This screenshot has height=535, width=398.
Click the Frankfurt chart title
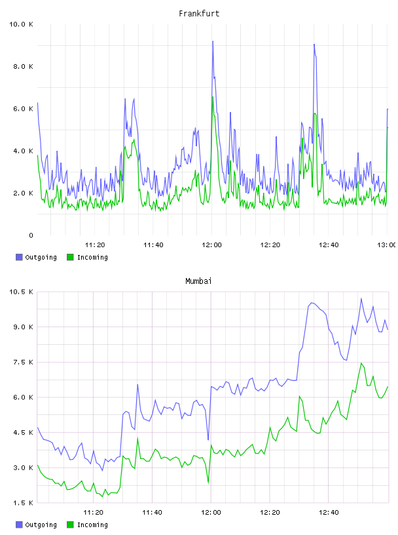pyautogui.click(x=199, y=14)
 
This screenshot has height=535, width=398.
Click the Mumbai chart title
pyautogui.click(x=198, y=281)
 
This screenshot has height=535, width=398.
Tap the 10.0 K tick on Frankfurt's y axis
pyautogui.click(x=21, y=24)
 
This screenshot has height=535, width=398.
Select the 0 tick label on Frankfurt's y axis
pyautogui.click(x=31, y=235)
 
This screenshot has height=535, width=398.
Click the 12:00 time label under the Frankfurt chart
pyautogui.click(x=211, y=245)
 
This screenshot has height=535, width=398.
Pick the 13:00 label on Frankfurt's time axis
pyautogui.click(x=387, y=245)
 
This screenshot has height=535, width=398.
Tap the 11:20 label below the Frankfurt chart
pyautogui.click(x=95, y=245)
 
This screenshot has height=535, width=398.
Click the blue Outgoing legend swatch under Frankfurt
pyautogui.click(x=19, y=257)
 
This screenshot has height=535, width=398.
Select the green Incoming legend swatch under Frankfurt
pyautogui.click(x=70, y=257)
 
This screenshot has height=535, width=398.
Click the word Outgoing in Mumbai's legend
pyautogui.click(x=41, y=525)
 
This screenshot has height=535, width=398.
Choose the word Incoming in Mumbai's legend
pyautogui.click(x=92, y=525)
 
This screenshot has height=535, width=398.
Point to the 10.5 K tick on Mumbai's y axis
pyautogui.click(x=21, y=292)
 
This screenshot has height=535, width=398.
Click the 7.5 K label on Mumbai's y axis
pyautogui.click(x=23, y=363)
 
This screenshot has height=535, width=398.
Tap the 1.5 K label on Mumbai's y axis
pyautogui.click(x=23, y=503)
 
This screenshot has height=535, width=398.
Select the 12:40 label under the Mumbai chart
pyautogui.click(x=329, y=513)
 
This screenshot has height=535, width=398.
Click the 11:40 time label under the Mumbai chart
pyautogui.click(x=152, y=513)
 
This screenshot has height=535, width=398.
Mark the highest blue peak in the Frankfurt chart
pyautogui.click(x=213, y=41)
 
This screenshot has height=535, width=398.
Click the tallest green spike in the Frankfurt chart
pyautogui.click(x=213, y=97)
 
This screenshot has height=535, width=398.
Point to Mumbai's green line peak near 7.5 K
pyautogui.click(x=361, y=363)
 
